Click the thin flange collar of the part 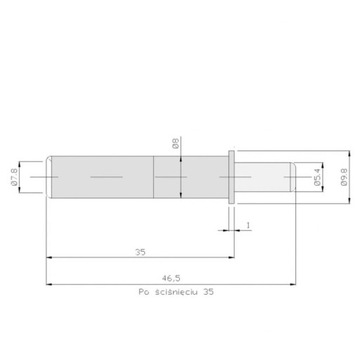(232, 178)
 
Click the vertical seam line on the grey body (153, 178)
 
